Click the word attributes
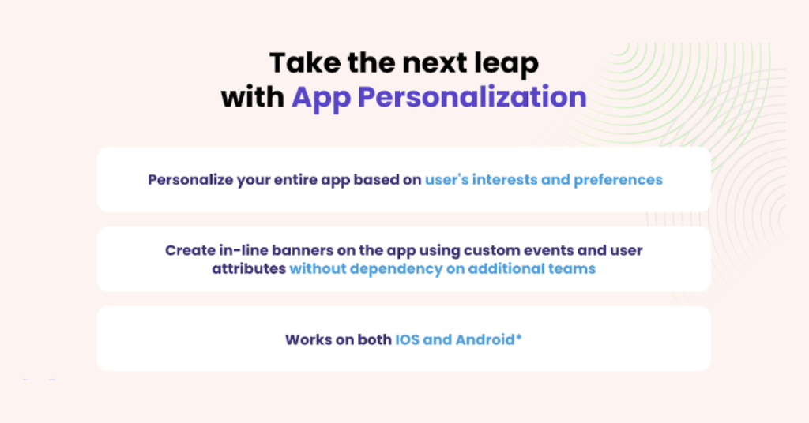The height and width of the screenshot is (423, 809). point(248,269)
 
